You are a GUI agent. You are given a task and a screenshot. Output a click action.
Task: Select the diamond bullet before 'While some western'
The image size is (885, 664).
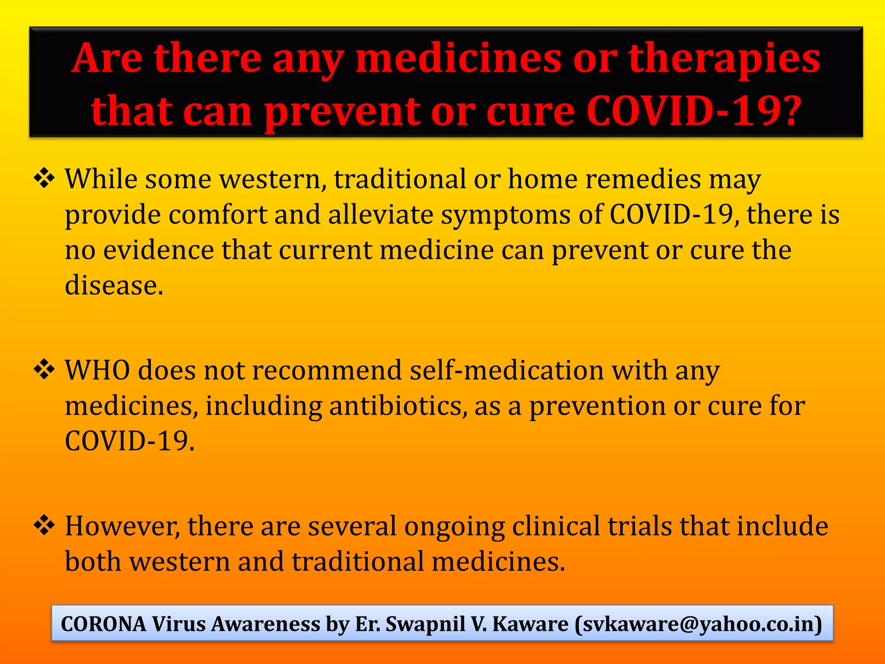pos(44,179)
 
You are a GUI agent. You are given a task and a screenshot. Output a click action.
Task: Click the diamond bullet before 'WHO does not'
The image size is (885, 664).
pos(44,370)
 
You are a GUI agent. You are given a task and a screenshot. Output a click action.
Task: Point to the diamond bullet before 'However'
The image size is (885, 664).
pos(44,526)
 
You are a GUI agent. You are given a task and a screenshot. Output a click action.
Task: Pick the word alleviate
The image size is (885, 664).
pos(380,214)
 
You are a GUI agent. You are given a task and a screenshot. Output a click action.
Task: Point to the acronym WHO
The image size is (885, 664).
pos(97,370)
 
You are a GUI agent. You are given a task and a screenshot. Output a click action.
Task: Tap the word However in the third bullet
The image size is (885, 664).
pos(121,526)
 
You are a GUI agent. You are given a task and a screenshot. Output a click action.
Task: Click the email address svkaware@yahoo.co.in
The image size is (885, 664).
pos(698,624)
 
